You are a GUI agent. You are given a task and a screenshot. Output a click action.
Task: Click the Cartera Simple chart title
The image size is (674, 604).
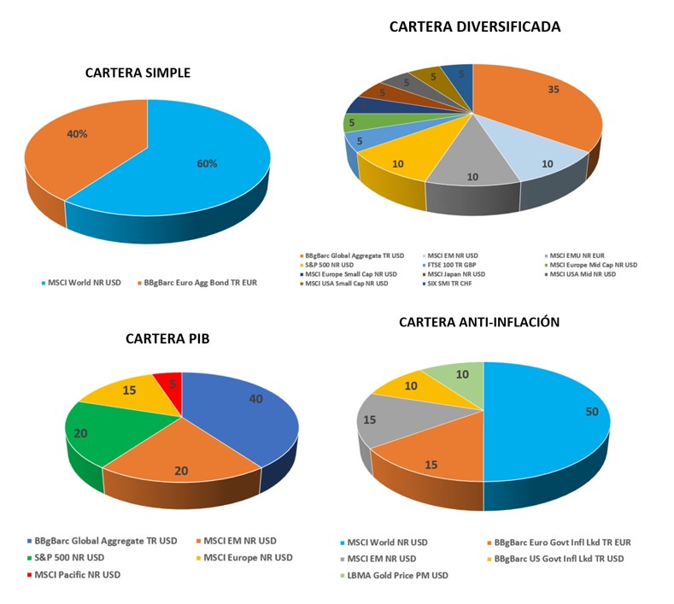pos(138,73)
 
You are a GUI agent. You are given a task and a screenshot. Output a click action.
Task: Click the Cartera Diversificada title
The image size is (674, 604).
pos(475,26)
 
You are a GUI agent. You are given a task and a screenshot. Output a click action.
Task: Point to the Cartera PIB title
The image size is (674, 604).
pos(167,338)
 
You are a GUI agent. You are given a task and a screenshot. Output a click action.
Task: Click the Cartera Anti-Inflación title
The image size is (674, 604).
pos(479,322)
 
